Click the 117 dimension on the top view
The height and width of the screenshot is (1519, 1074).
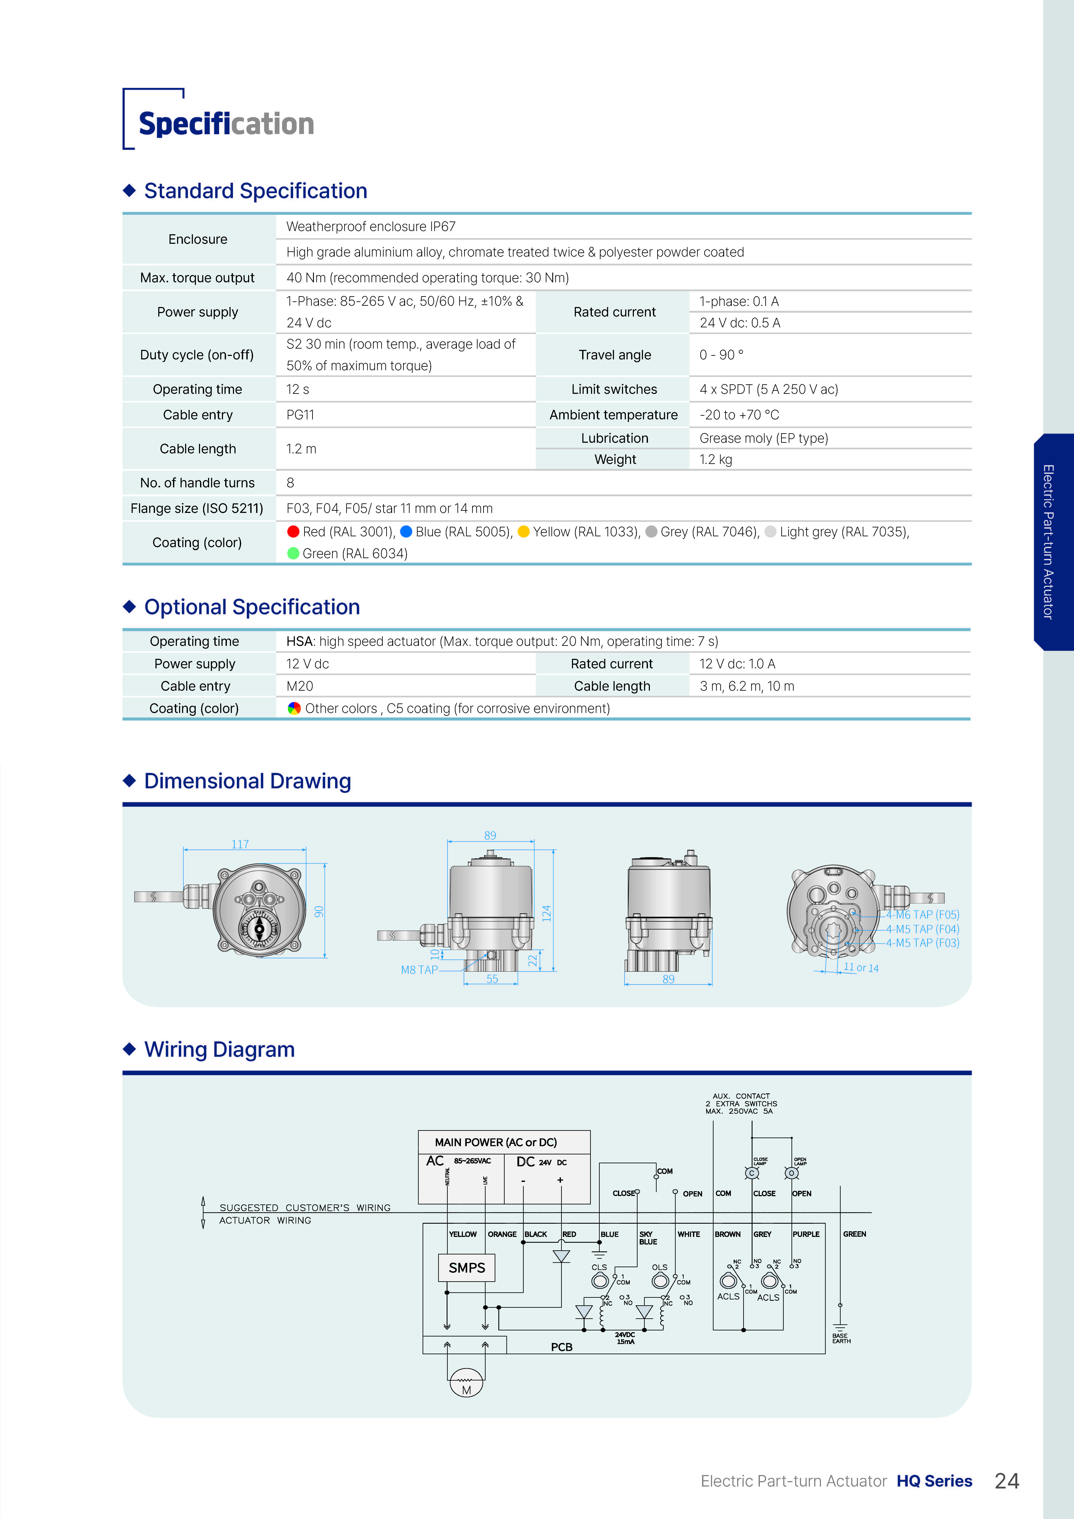(x=240, y=844)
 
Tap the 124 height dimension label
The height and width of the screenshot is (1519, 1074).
(x=547, y=913)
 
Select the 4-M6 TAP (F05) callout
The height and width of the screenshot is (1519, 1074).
(x=922, y=914)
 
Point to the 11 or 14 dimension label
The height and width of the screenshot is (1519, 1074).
(x=861, y=967)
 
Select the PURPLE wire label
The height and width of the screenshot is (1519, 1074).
(x=806, y=1234)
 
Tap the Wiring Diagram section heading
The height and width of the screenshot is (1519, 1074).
(x=219, y=1049)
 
